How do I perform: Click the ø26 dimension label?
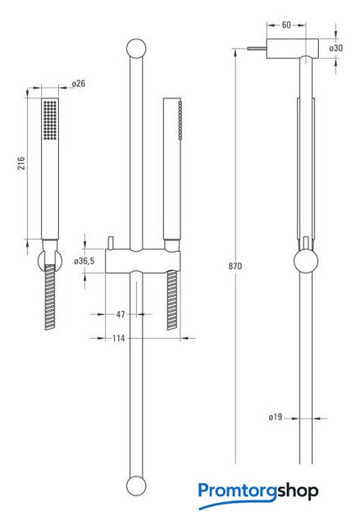79,84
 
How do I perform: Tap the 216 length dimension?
21,163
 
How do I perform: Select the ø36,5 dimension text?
84,261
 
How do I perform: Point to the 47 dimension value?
121,314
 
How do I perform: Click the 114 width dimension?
119,338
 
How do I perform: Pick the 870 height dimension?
235,266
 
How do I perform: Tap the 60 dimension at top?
286,25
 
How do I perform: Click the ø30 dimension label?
336,48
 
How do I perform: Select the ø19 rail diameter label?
276,418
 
